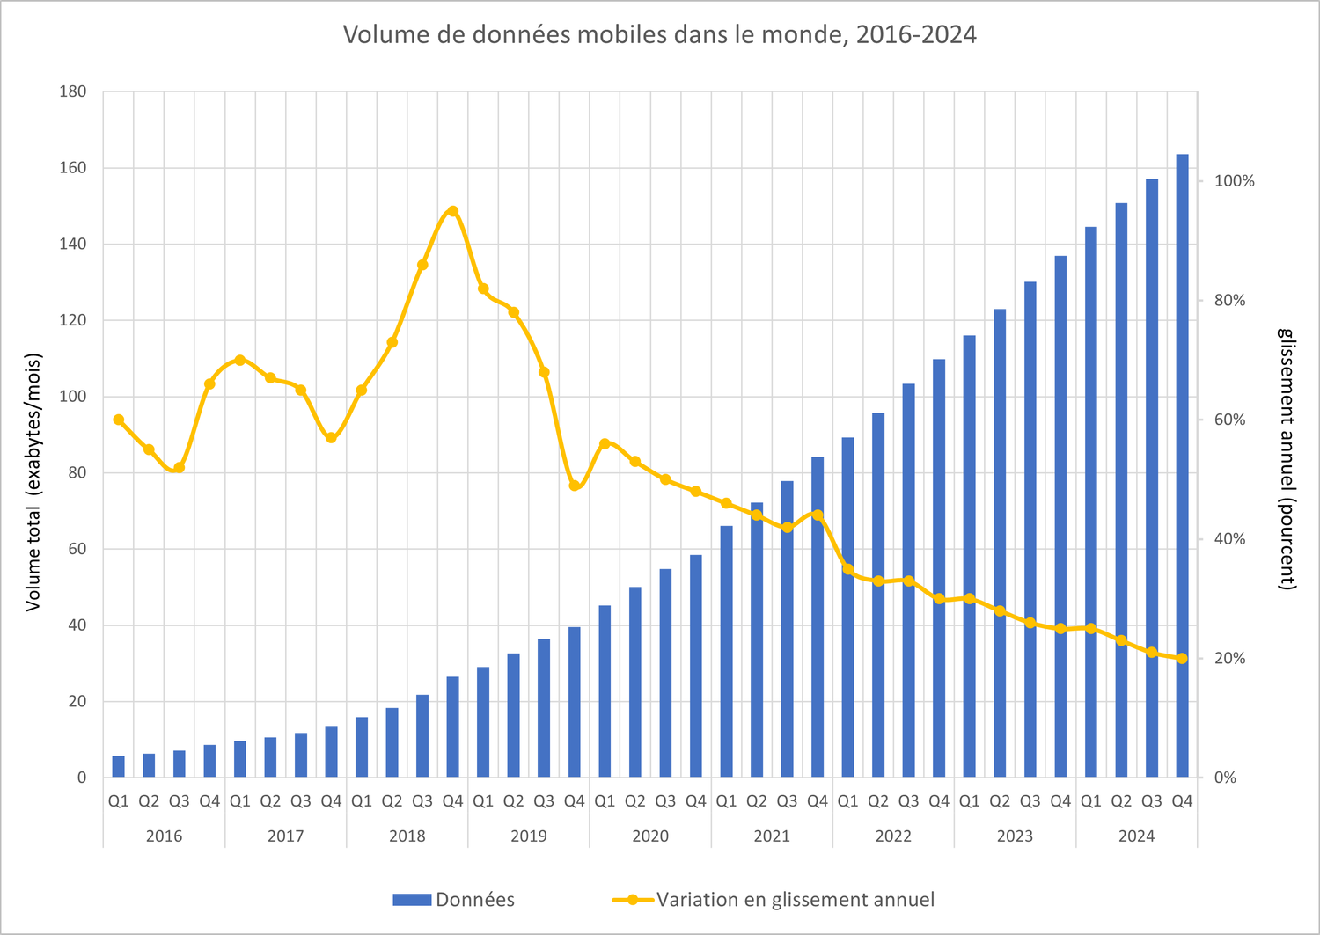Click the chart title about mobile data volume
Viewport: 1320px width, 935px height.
659,34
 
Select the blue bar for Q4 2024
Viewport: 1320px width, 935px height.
1182,466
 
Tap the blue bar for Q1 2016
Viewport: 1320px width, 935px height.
119,766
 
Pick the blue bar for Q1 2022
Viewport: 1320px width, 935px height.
847,607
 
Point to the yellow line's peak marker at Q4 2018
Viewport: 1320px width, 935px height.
453,211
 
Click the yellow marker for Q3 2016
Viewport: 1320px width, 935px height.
180,468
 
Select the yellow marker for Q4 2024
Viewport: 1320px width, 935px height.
1182,658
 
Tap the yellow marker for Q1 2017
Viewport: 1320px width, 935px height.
240,360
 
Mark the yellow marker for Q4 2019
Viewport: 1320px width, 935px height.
575,486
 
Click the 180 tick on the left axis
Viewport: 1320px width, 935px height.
74,91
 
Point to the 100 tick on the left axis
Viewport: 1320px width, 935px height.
74,397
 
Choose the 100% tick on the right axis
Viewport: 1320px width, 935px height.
1234,181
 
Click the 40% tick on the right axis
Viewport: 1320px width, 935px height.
1229,539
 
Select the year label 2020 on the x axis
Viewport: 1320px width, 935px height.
650,836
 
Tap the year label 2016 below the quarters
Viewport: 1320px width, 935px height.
164,836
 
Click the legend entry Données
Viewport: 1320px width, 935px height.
454,900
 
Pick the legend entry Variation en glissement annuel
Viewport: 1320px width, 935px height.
774,900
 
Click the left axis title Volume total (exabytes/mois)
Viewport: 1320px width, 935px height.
33,482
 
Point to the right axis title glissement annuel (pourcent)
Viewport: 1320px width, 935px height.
1287,458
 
